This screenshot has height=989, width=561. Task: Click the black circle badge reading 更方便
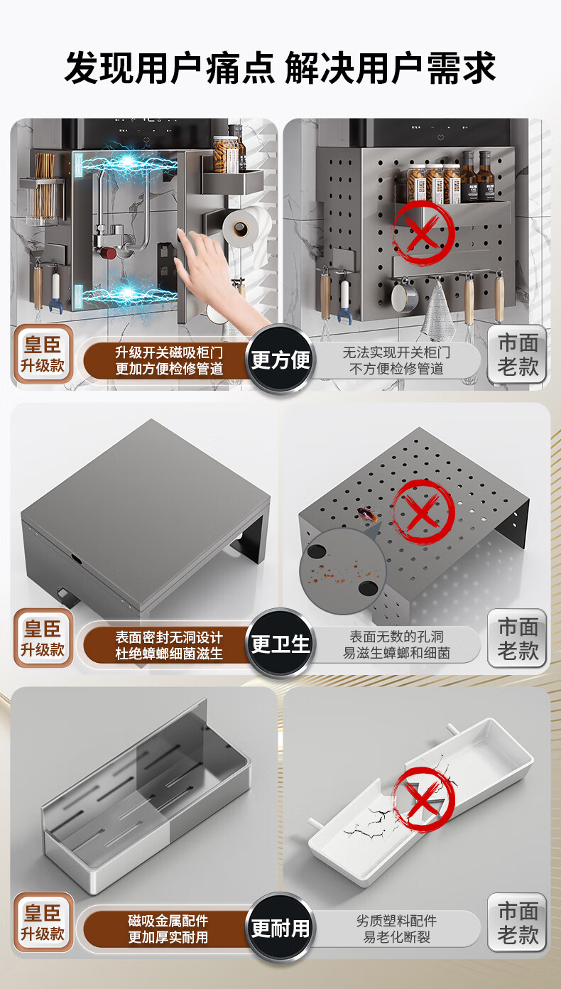(x=280, y=360)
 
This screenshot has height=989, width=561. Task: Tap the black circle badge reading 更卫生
(x=280, y=643)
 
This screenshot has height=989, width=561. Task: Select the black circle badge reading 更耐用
(x=280, y=928)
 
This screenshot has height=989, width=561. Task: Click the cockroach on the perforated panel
(x=367, y=514)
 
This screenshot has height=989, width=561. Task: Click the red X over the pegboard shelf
(x=423, y=232)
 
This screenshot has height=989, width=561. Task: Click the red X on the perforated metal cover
(x=423, y=512)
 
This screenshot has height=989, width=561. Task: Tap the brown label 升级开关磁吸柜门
(x=169, y=352)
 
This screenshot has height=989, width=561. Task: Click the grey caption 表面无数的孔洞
(x=396, y=636)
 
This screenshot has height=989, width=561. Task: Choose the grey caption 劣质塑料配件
(x=396, y=921)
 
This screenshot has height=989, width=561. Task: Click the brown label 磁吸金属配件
(x=168, y=921)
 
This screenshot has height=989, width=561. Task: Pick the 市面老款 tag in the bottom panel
(x=517, y=922)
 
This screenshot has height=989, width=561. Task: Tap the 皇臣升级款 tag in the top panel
(x=43, y=354)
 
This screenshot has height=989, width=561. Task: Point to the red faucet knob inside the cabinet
(x=107, y=253)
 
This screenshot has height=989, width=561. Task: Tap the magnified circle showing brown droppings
(x=342, y=571)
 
